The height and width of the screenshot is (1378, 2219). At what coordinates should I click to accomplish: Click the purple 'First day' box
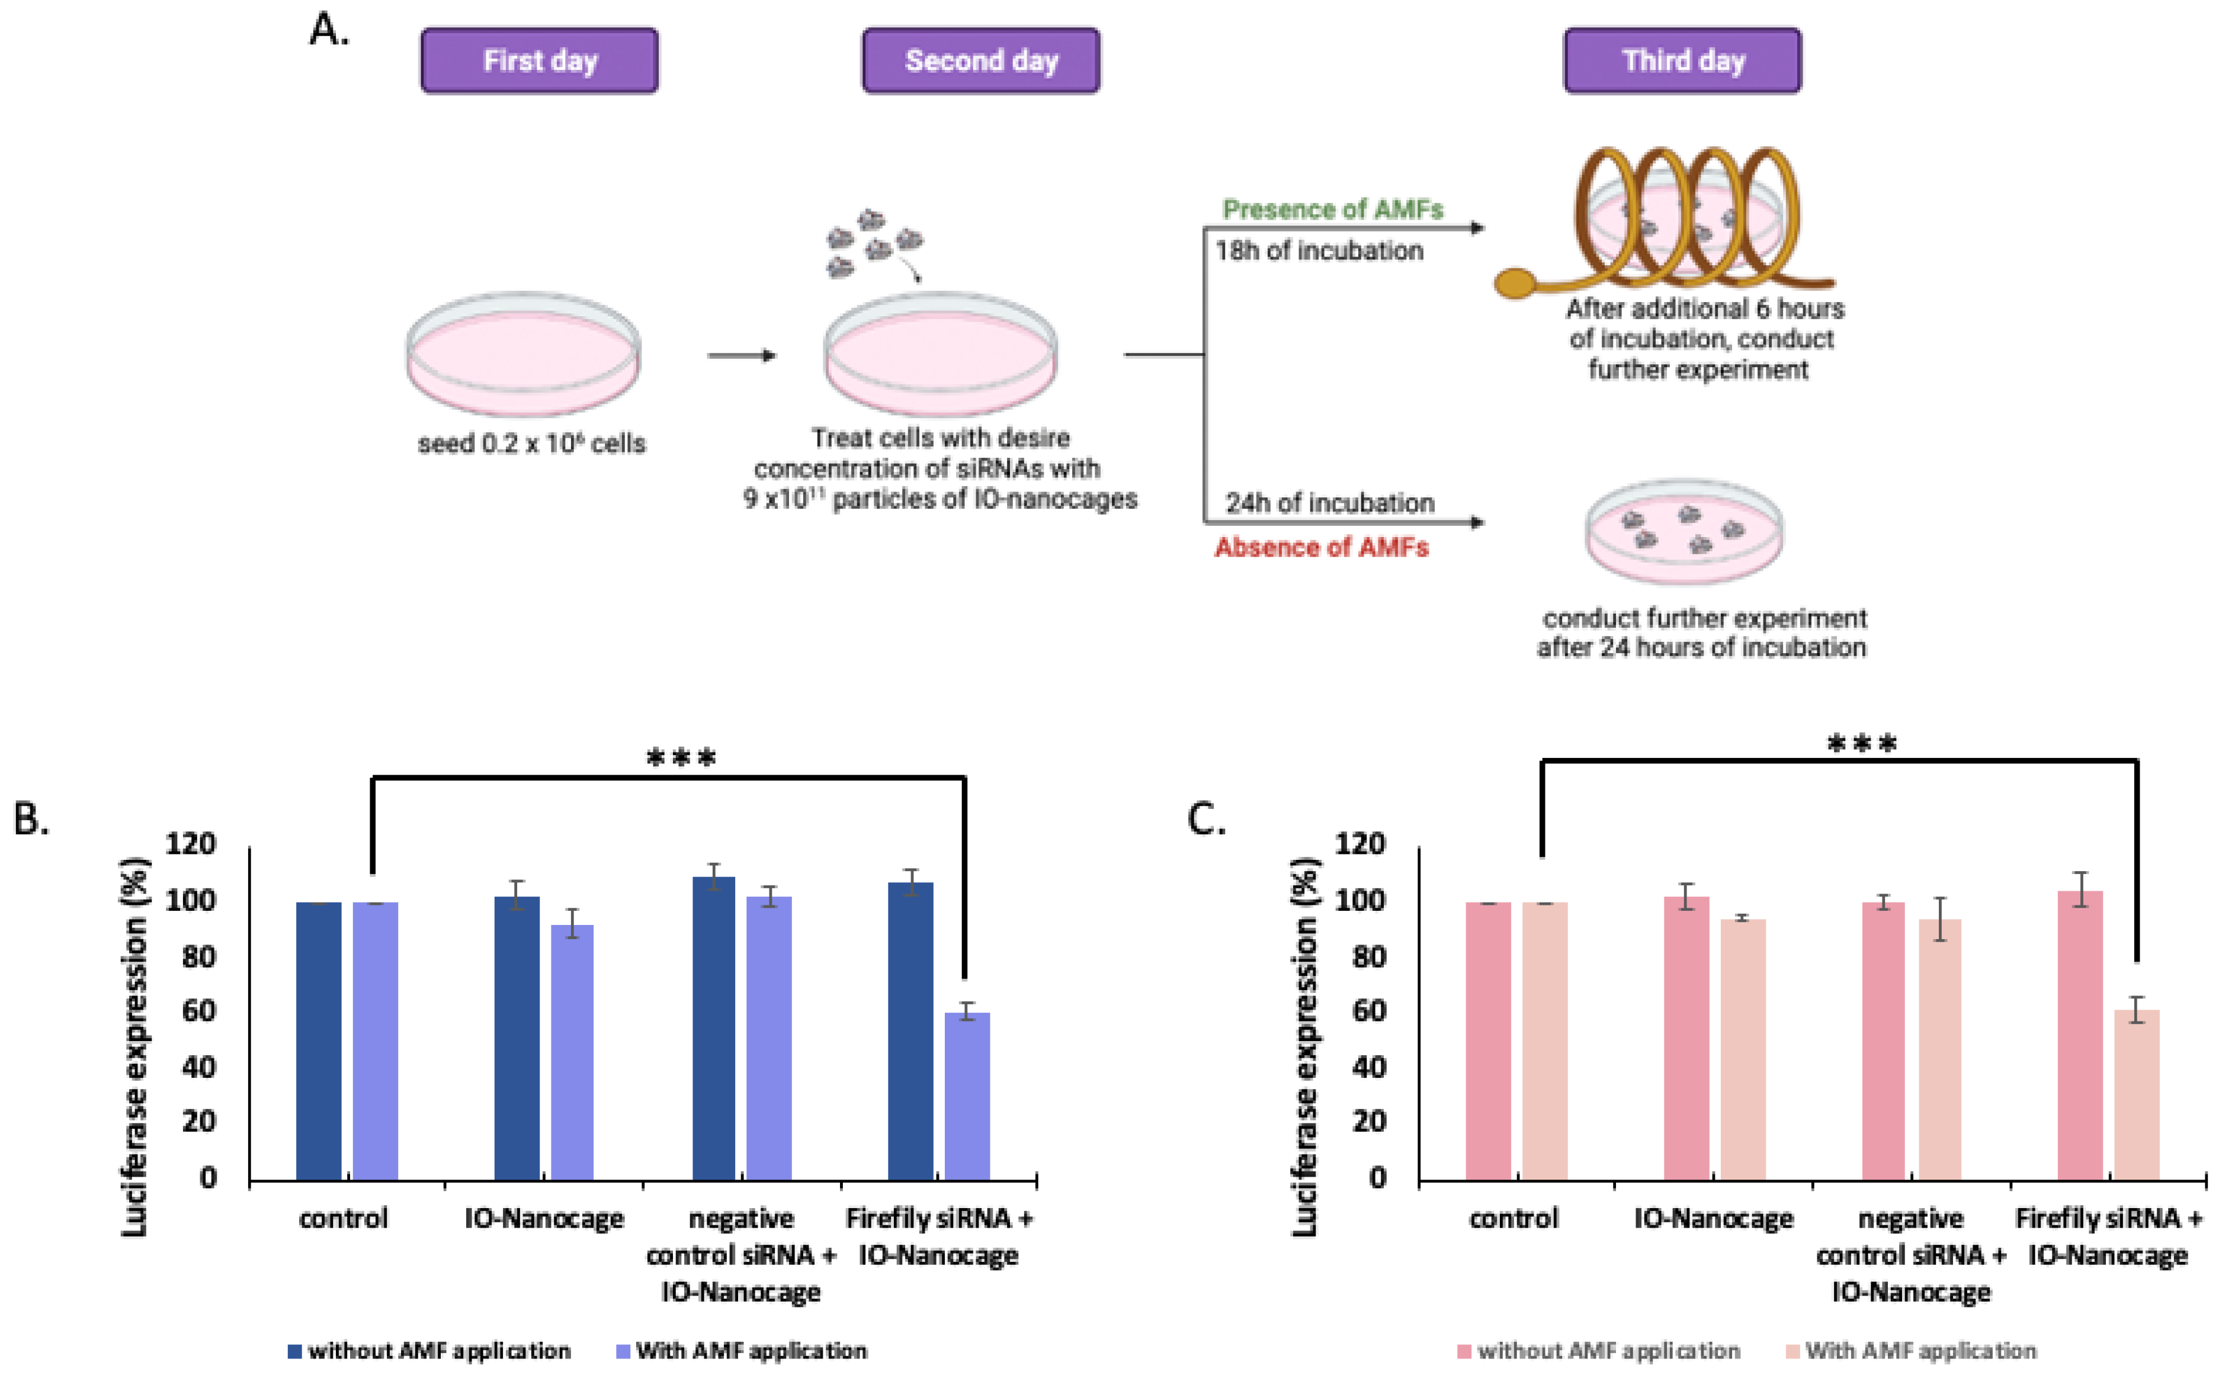tap(539, 60)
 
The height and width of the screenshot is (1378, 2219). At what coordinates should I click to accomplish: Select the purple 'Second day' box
tap(981, 60)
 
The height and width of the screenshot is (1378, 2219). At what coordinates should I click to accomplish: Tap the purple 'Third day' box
tap(1682, 60)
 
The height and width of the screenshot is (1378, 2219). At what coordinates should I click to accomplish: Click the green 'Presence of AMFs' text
tap(1332, 210)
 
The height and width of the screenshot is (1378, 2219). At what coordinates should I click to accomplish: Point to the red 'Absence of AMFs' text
tap(1321, 547)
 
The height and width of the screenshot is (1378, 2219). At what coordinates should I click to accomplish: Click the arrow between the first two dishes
tap(741, 355)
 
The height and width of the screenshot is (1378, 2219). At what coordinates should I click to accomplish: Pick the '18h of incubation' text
tap(1318, 250)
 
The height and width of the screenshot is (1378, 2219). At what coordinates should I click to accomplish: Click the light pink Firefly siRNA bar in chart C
tap(2136, 1094)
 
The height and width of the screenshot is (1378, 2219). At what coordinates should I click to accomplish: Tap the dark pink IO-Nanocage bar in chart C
tap(1686, 1038)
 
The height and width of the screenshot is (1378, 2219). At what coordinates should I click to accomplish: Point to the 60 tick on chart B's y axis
tap(199, 1011)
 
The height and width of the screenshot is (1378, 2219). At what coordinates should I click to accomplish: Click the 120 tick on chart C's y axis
tap(1359, 844)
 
